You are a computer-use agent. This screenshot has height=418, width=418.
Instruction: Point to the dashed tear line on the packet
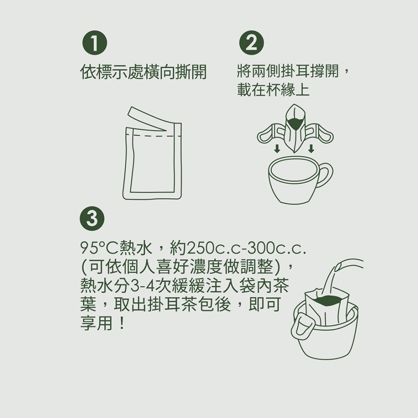(x=153, y=136)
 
